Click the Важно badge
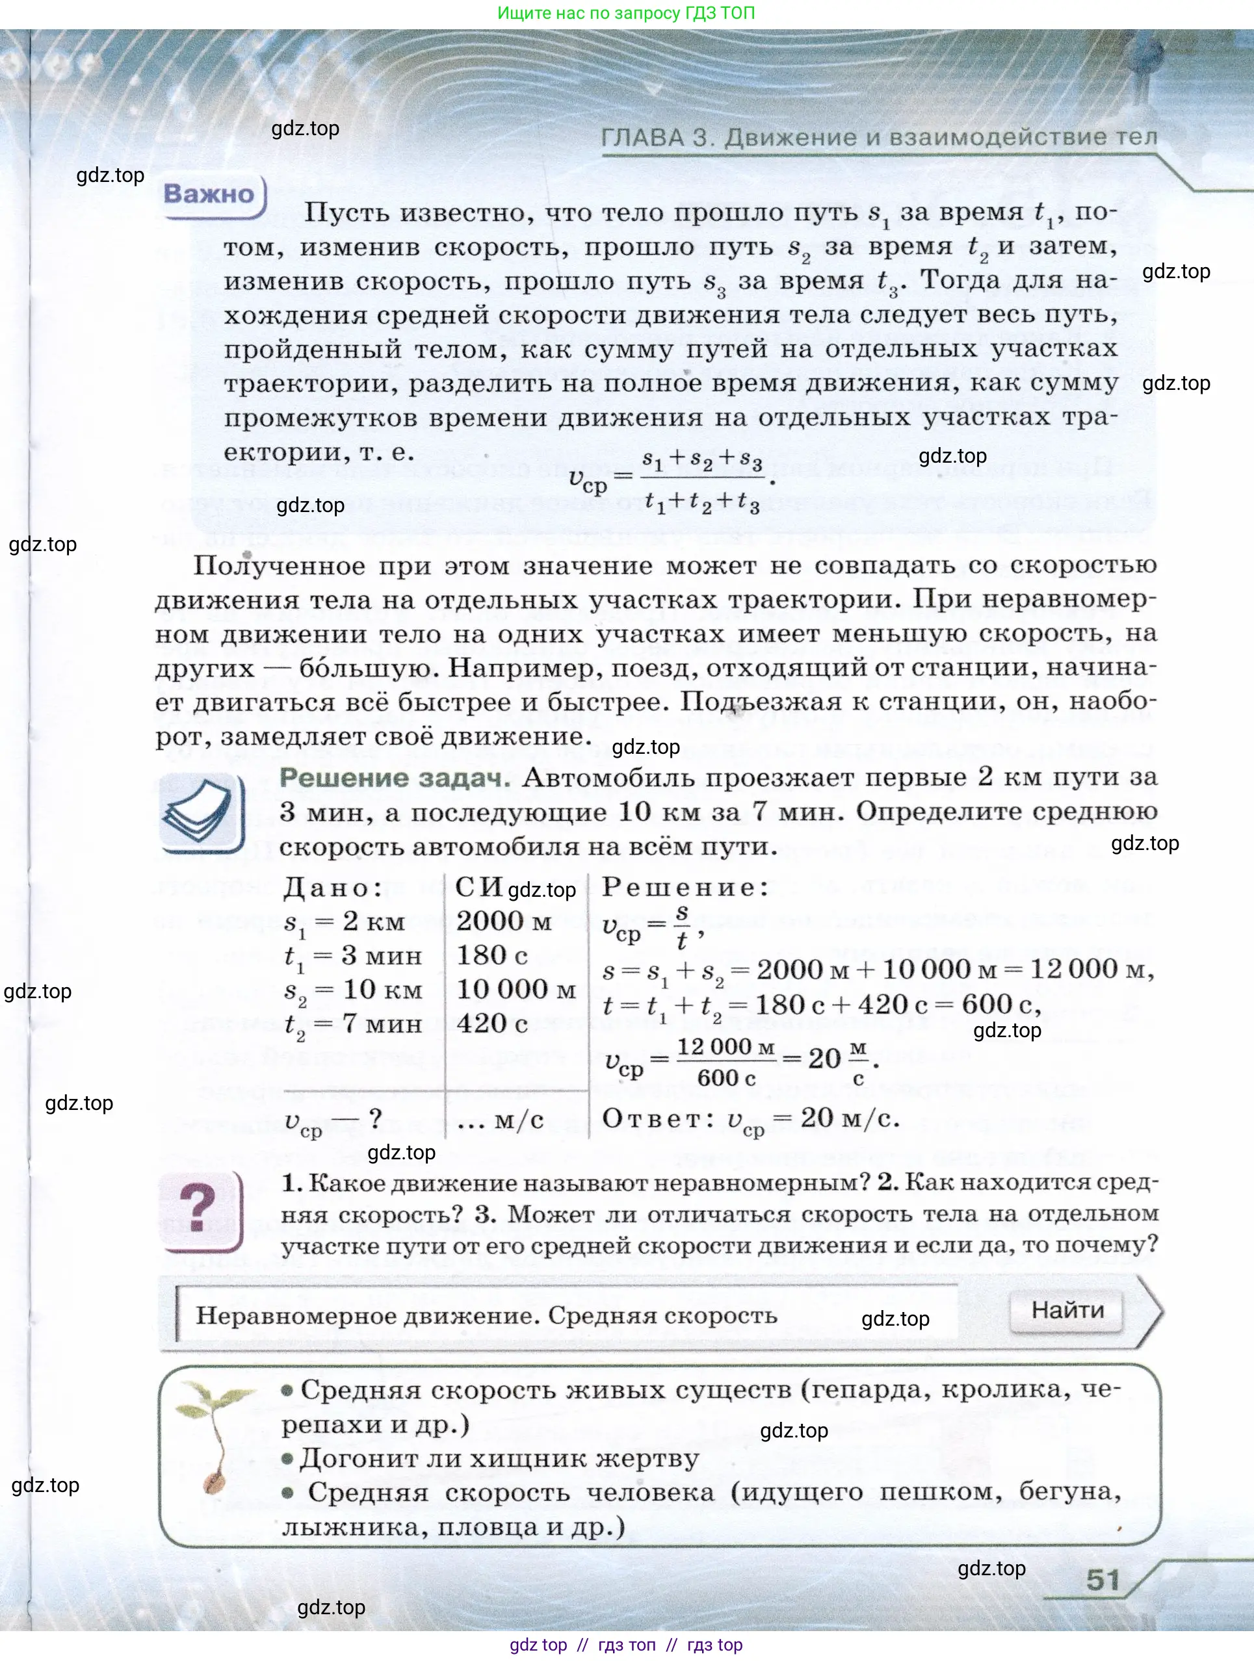click(209, 194)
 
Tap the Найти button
click(1067, 1310)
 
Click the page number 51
click(1103, 1580)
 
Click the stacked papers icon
click(199, 813)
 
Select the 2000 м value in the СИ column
click(503, 921)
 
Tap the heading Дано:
click(333, 888)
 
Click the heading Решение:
click(685, 888)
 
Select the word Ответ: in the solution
click(657, 1119)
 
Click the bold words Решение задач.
click(395, 778)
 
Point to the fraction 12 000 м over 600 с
click(725, 1061)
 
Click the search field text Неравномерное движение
click(365, 1315)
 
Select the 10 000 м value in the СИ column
click(516, 989)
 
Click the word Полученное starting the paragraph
click(279, 565)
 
